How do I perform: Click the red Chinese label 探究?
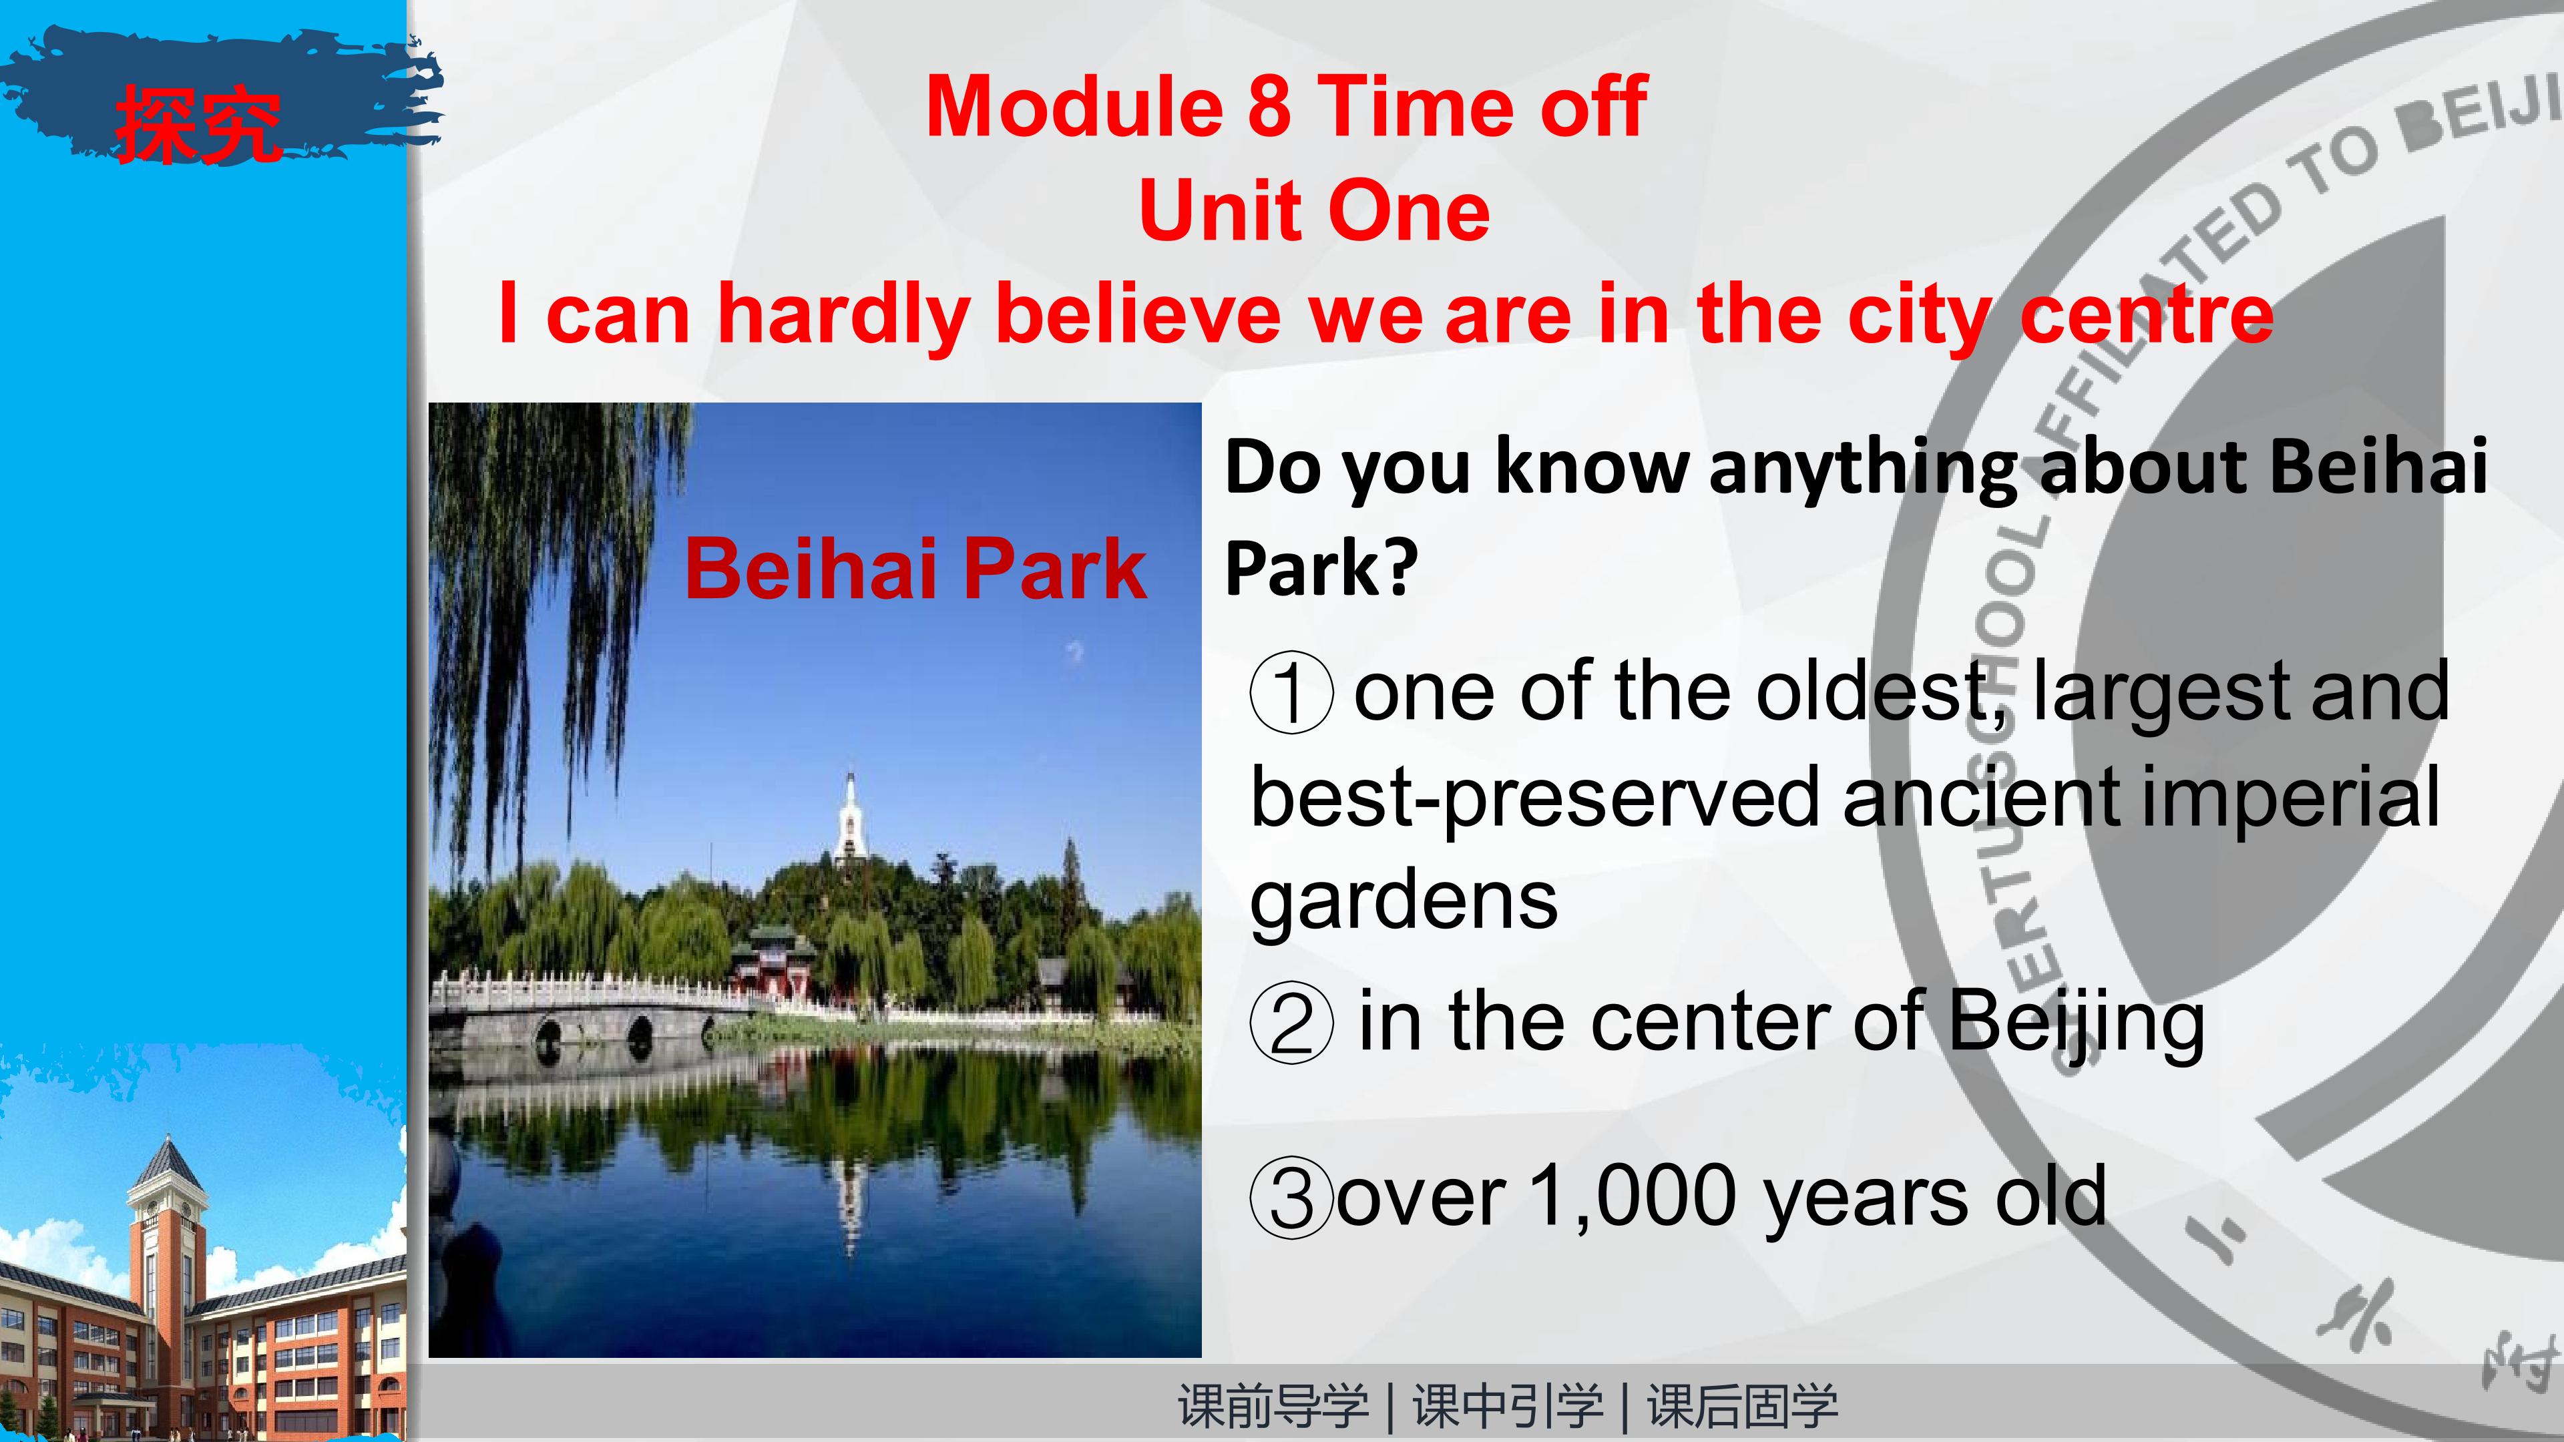(197, 124)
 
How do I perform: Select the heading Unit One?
(1314, 211)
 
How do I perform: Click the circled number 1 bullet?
(1291, 693)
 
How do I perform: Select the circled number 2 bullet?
(1291, 1023)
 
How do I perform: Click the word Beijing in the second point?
(2075, 1024)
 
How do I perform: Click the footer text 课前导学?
(1273, 1406)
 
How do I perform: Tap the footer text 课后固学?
(1743, 1406)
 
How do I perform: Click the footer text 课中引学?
(1508, 1406)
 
